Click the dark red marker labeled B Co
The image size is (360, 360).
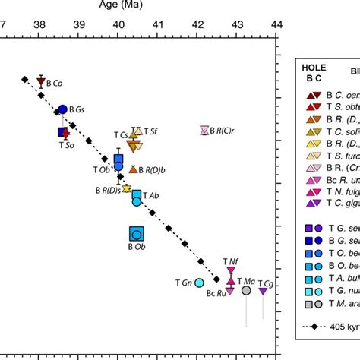coord(40,82)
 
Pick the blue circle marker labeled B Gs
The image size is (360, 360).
coord(63,110)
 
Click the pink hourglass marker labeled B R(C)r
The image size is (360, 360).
coord(204,131)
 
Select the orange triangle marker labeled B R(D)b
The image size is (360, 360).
coord(133,169)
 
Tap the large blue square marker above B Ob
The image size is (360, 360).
coord(137,234)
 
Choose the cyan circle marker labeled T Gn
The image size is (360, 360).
coord(199,283)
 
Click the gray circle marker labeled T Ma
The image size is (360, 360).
coord(246,290)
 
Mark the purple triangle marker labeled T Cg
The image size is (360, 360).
coord(263,291)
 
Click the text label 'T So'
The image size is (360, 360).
coord(66,144)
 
